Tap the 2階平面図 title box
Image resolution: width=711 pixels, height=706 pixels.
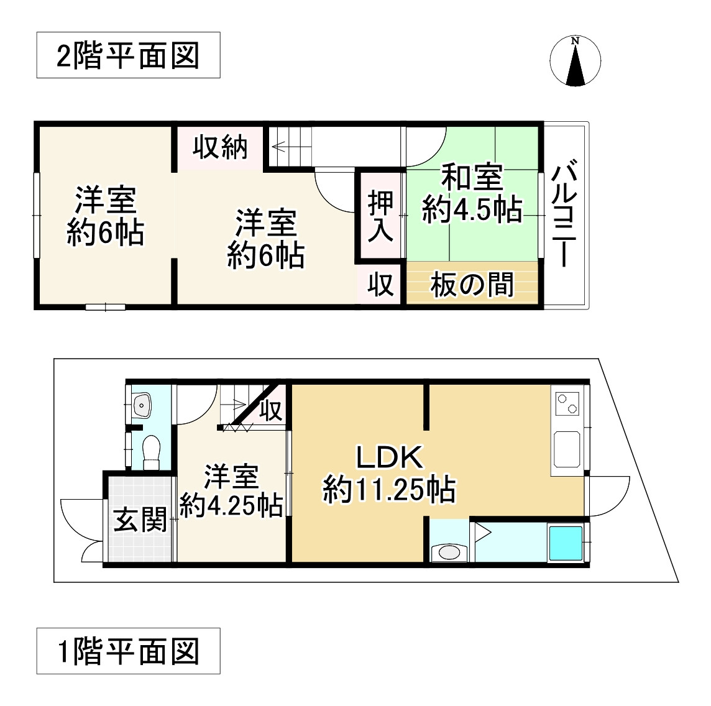click(128, 55)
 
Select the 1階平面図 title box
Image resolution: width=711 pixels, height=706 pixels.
click(128, 651)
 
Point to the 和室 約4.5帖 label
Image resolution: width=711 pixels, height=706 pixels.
click(472, 194)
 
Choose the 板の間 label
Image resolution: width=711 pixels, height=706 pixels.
click(472, 285)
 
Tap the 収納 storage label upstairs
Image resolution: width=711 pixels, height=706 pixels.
click(219, 148)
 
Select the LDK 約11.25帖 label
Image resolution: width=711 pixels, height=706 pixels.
click(389, 474)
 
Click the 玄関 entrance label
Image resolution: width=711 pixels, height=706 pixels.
click(140, 520)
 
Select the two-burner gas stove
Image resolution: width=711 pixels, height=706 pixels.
click(566, 403)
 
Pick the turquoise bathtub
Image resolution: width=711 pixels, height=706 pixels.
click(564, 543)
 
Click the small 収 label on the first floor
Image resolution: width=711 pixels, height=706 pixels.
click(270, 411)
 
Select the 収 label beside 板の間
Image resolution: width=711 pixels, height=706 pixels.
click(380, 285)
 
